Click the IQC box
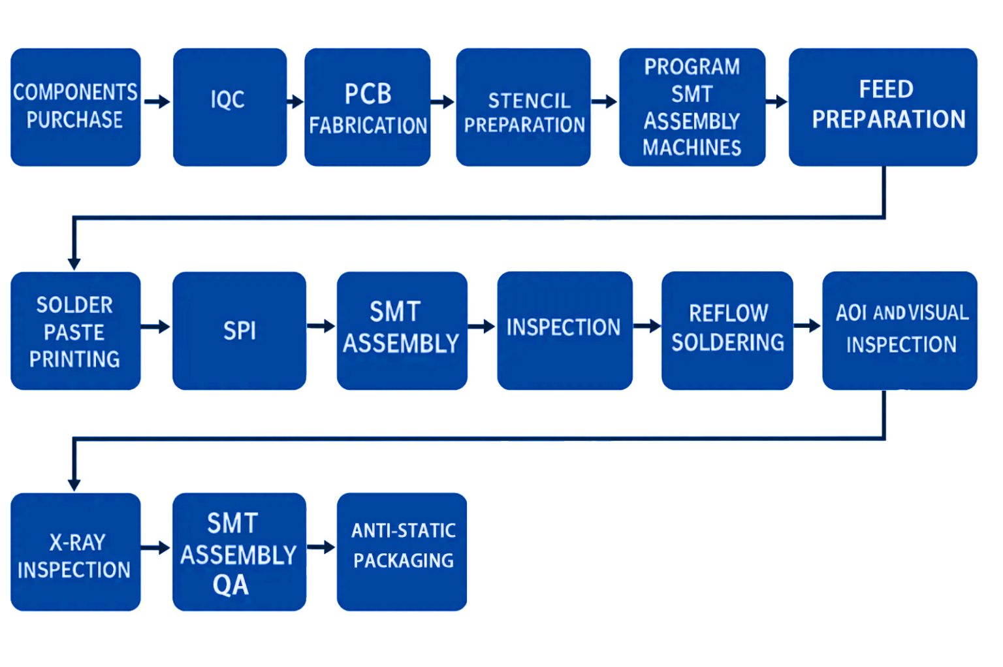[x=229, y=107]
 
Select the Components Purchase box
[x=75, y=107]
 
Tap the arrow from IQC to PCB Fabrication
[x=295, y=102]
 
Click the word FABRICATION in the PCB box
[x=368, y=125]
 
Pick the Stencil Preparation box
[x=523, y=107]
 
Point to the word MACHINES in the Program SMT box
[x=692, y=148]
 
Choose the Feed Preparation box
[x=882, y=107]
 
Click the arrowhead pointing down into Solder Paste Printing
[x=74, y=263]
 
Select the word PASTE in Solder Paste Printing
[x=74, y=333]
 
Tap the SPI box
[x=239, y=331]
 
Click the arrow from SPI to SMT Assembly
[x=321, y=326]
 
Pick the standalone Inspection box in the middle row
[x=564, y=331]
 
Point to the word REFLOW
[x=728, y=314]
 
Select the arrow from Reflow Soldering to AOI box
[x=807, y=325]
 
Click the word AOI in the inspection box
[x=852, y=314]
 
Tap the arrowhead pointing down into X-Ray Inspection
[x=74, y=484]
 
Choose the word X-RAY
[x=77, y=542]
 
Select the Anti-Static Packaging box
[x=402, y=551]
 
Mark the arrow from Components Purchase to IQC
[x=157, y=102]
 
